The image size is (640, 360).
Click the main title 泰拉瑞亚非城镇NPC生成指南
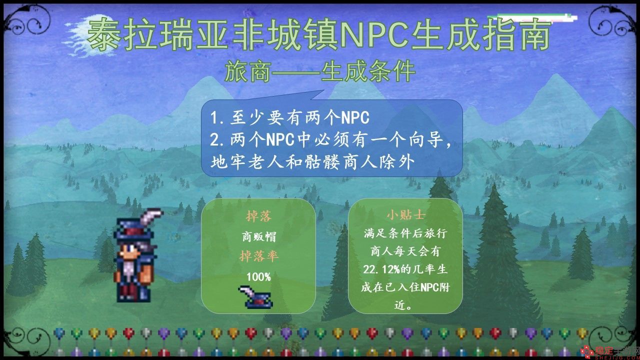click(x=318, y=35)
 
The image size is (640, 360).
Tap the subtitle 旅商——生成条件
click(x=320, y=71)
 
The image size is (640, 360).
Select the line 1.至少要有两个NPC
click(x=289, y=117)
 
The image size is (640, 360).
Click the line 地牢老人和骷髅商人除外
click(x=312, y=162)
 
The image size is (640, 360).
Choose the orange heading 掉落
click(x=259, y=216)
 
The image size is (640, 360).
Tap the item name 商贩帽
click(x=259, y=236)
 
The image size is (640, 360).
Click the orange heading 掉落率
click(x=259, y=256)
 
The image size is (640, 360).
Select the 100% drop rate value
click(x=258, y=277)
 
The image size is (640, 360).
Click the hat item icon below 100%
click(x=255, y=297)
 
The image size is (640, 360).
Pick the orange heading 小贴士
click(x=405, y=215)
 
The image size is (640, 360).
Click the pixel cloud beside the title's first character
click(x=88, y=35)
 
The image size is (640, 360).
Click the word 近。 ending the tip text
click(x=403, y=305)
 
